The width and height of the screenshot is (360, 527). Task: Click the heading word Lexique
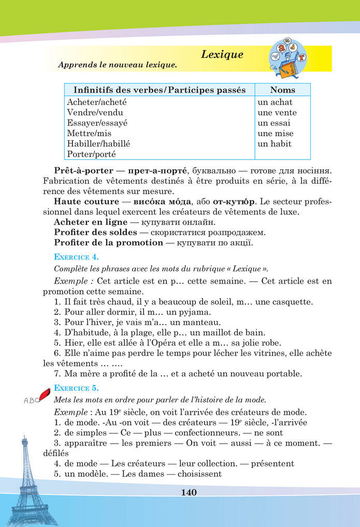222,54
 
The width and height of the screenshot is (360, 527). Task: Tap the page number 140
189,492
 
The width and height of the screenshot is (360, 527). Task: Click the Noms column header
282,90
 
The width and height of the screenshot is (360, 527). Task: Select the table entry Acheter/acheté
97,103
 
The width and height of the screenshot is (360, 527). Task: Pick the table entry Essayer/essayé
97,123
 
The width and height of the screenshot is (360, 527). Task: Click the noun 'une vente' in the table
277,113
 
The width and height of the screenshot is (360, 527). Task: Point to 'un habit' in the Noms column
275,144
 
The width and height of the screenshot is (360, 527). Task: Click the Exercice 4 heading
76,256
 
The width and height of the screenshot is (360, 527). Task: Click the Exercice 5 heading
76,388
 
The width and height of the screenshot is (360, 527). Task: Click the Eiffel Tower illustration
25,481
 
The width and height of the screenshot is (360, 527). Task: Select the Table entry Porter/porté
92,154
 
